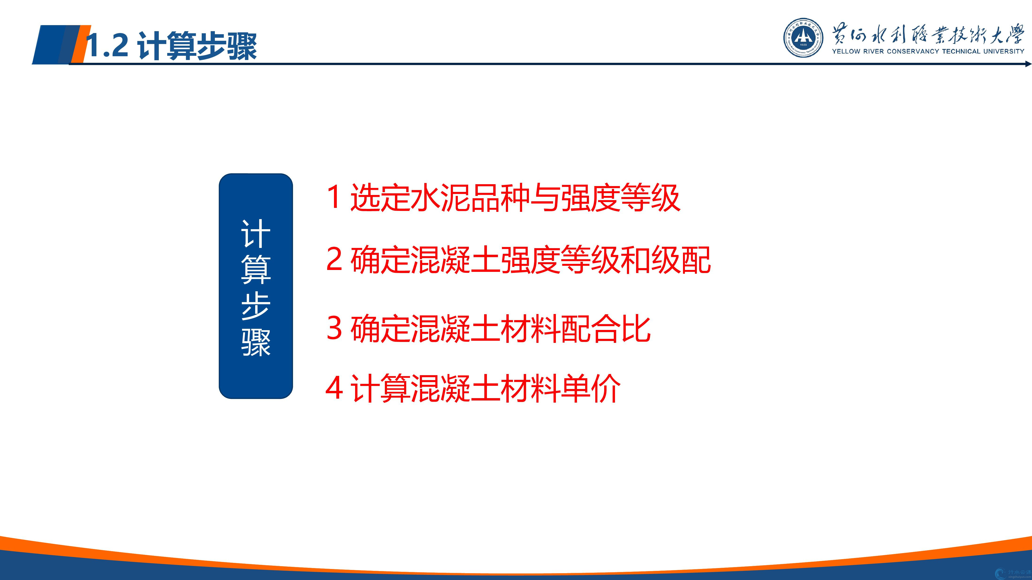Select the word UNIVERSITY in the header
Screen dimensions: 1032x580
tap(1004, 51)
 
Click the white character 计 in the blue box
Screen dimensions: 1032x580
tap(256, 234)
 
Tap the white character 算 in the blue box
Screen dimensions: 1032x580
tap(256, 269)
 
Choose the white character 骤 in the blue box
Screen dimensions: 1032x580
tap(256, 342)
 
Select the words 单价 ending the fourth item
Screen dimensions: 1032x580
tap(591, 388)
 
